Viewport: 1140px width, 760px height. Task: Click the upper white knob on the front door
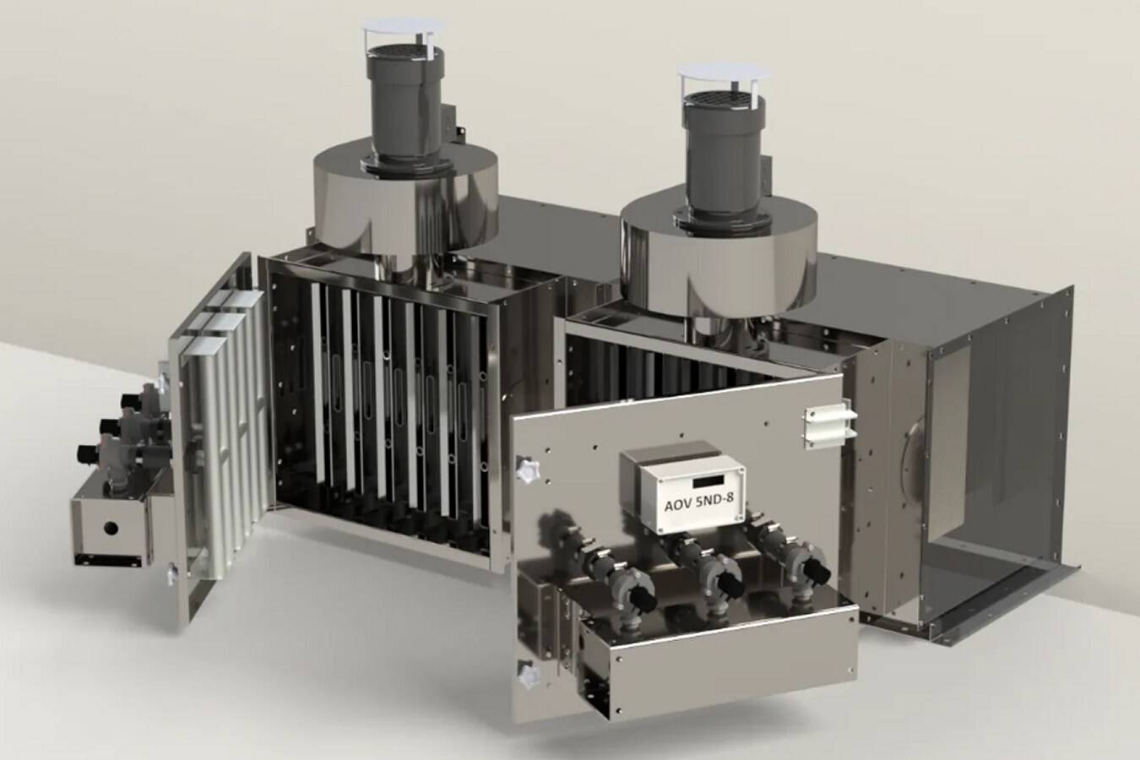527,470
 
